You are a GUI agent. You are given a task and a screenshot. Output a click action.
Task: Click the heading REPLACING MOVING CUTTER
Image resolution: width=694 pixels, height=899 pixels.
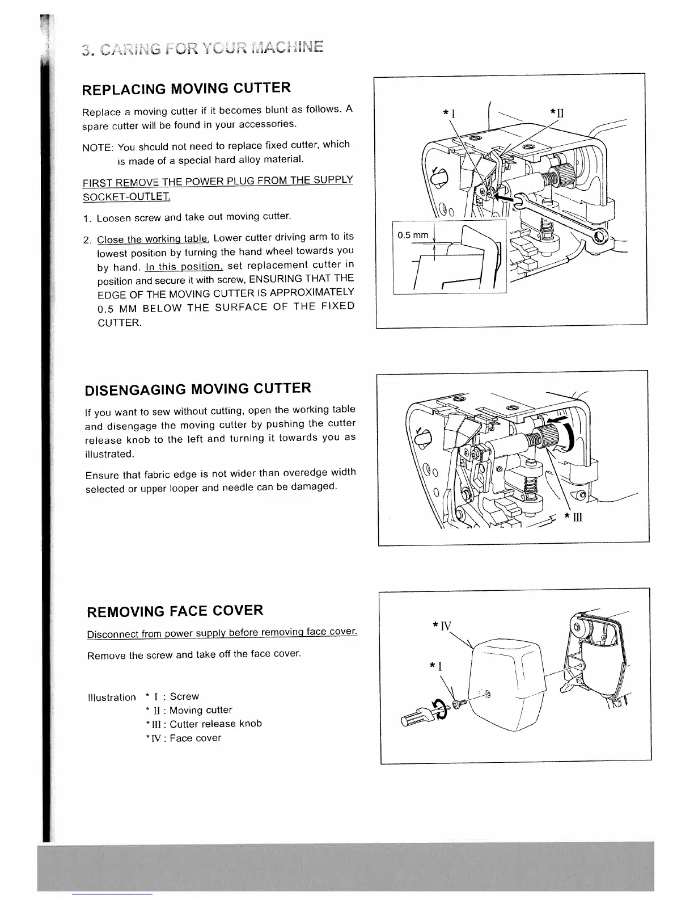[187, 89]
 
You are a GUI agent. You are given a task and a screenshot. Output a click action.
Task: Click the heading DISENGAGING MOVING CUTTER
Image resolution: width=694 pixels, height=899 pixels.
[197, 389]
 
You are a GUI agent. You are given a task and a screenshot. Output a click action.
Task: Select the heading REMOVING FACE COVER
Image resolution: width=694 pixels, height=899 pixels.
[175, 611]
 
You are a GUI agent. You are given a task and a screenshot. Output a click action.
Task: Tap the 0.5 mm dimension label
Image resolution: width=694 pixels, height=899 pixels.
[413, 235]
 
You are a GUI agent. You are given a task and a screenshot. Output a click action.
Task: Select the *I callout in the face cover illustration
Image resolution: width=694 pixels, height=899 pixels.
[436, 665]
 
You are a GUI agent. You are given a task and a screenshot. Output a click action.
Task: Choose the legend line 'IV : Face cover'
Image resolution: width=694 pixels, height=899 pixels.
[184, 738]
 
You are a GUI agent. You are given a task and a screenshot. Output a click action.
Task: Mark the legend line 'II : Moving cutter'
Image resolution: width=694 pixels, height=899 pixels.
[189, 710]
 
